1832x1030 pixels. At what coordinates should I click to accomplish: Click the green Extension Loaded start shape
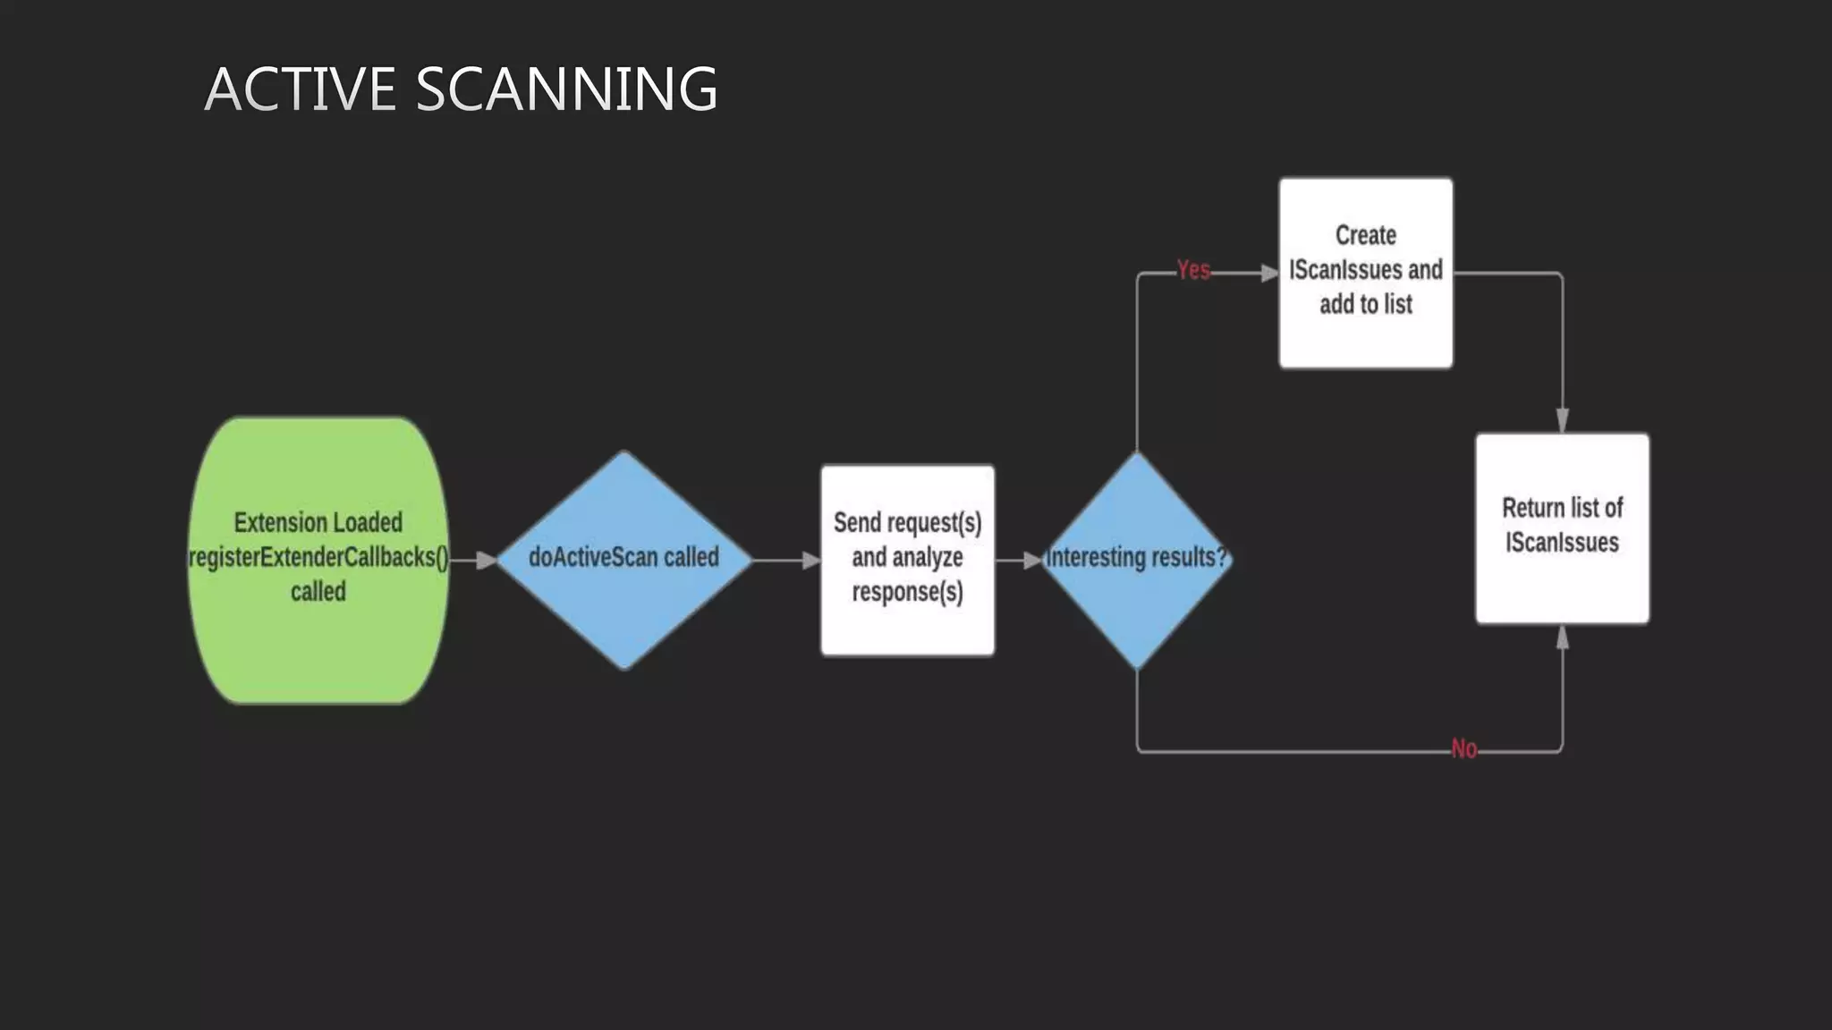pyautogui.click(x=318, y=644)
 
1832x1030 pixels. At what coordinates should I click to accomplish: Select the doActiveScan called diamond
pyautogui.click(x=623, y=608)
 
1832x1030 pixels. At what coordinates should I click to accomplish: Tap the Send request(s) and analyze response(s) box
pyautogui.click(x=907, y=626)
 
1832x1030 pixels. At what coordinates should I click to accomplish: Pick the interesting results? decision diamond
pyautogui.click(x=1136, y=608)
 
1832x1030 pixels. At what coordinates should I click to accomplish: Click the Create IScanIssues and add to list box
pyautogui.click(x=1365, y=340)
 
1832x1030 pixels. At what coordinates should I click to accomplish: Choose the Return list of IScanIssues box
pyautogui.click(x=1562, y=581)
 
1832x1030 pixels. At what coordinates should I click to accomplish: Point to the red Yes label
pyautogui.click(x=1193, y=270)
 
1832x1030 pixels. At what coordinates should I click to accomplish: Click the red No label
pyautogui.click(x=1463, y=749)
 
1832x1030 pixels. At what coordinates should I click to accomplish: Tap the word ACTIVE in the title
pyautogui.click(x=300, y=89)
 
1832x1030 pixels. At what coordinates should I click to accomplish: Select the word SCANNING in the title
pyautogui.click(x=566, y=89)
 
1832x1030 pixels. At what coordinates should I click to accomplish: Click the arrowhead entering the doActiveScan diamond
pyautogui.click(x=486, y=561)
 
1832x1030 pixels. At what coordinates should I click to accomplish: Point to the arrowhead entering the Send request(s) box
pyautogui.click(x=810, y=561)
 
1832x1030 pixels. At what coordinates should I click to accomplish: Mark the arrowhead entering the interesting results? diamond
pyautogui.click(x=1032, y=561)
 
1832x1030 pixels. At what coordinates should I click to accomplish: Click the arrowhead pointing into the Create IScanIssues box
pyautogui.click(x=1269, y=273)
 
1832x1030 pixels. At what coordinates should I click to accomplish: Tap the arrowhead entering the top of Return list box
pyautogui.click(x=1562, y=420)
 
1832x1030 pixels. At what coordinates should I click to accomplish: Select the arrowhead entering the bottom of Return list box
pyautogui.click(x=1562, y=637)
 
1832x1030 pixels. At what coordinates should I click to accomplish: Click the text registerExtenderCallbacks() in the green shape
pyautogui.click(x=318, y=557)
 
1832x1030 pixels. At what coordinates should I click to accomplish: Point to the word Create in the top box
pyautogui.click(x=1365, y=235)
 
